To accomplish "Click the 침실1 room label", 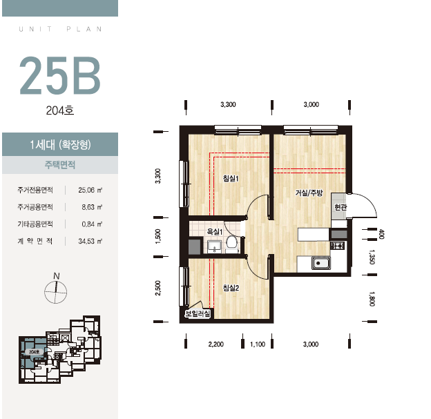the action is point(231,178).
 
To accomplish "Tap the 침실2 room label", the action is point(231,288).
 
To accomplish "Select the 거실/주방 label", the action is point(309,193).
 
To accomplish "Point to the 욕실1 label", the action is point(214,232).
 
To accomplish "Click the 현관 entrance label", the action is point(341,207).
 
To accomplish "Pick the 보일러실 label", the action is point(198,313).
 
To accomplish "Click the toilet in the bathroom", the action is point(232,242).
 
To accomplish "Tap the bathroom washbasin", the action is point(214,245).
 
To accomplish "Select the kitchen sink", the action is point(320,263).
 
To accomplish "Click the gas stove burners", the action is point(338,245).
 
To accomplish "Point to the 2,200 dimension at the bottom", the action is point(215,344).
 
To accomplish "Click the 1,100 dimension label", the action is point(258,344).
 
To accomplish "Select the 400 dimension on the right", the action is point(381,234).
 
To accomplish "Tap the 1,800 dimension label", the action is point(372,299).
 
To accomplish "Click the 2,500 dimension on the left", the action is point(157,288).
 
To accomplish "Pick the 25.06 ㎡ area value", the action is point(90,190).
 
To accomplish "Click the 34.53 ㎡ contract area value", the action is point(90,241).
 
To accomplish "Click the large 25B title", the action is point(60,75).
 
